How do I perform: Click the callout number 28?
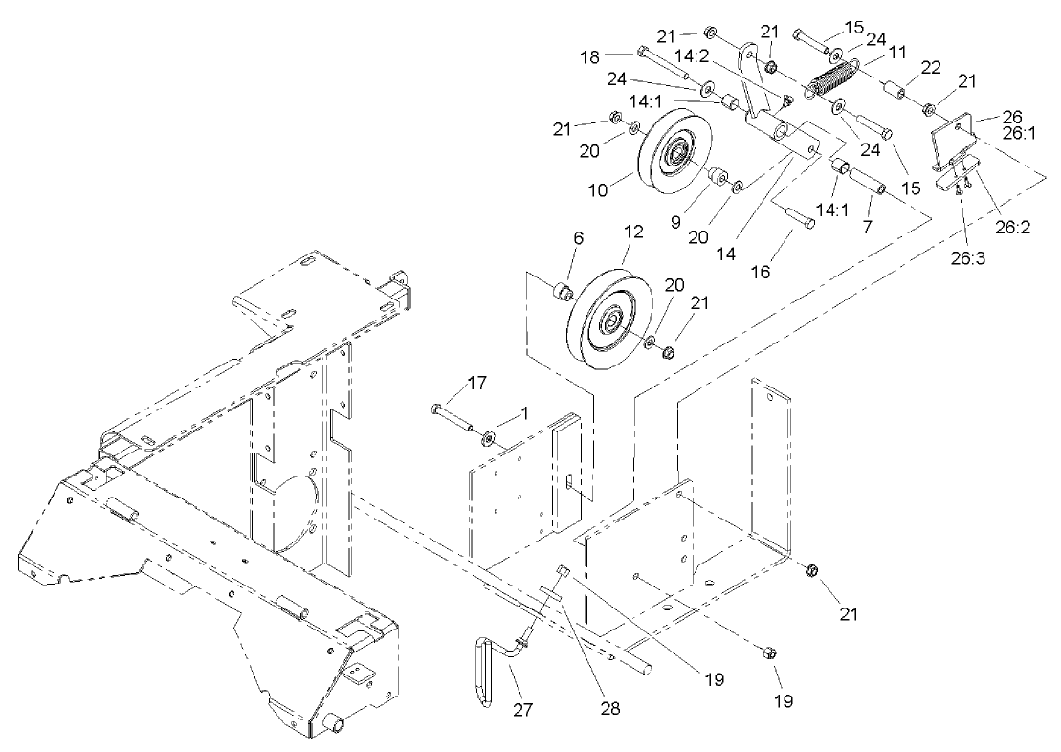pos(610,709)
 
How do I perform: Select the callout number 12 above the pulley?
pos(632,233)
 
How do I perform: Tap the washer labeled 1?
pos(490,438)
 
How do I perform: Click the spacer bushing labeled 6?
pos(563,289)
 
